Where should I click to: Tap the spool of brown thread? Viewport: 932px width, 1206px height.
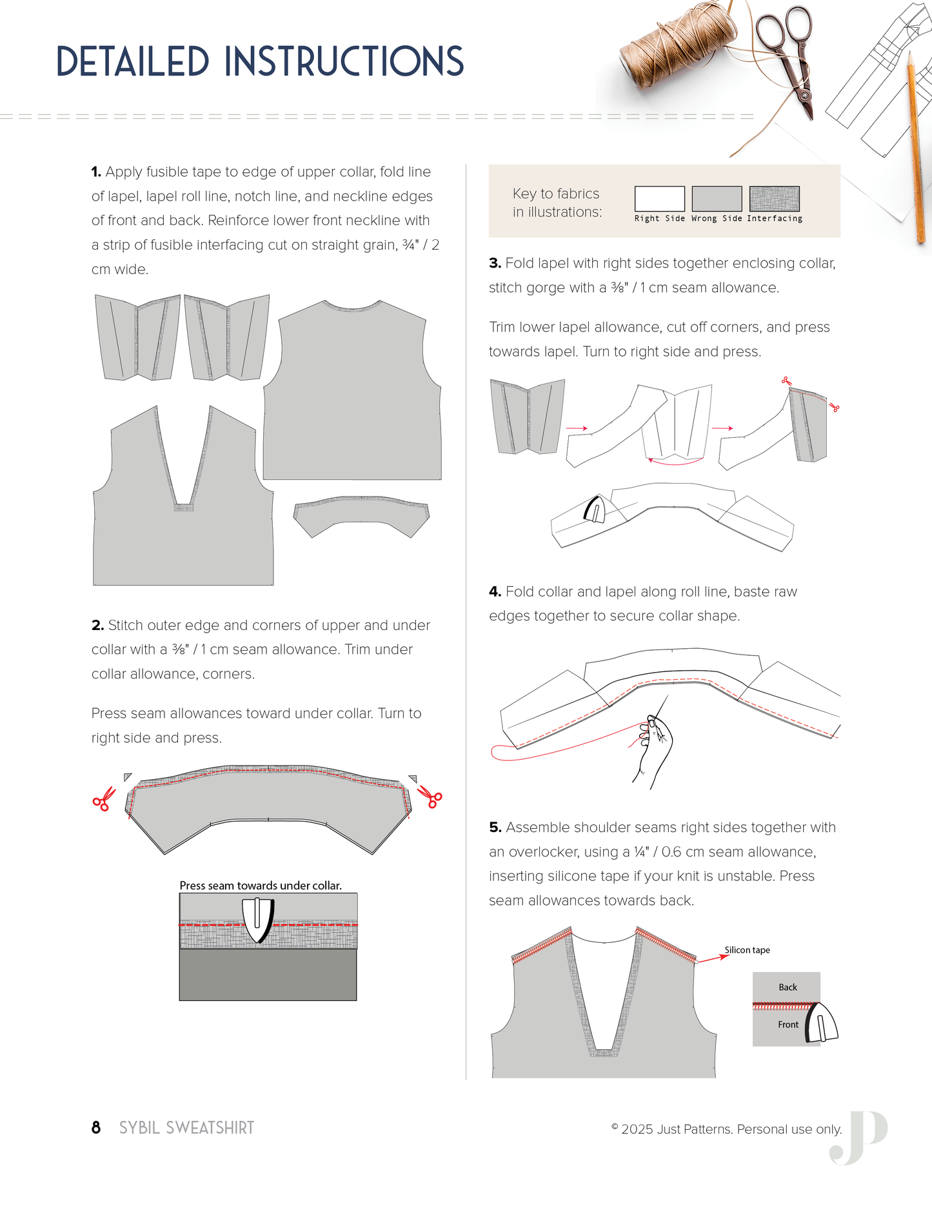click(677, 48)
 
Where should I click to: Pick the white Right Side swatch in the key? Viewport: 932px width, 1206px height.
click(659, 199)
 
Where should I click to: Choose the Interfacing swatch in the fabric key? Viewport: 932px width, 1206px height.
click(774, 199)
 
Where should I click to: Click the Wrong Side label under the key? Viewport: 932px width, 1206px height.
click(717, 219)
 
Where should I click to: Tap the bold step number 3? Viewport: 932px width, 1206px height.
click(495, 263)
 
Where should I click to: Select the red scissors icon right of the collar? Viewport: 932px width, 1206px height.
click(430, 796)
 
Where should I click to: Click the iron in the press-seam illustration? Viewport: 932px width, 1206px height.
click(258, 919)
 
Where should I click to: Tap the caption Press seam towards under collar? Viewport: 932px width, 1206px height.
click(261, 885)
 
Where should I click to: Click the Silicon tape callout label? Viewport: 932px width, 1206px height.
click(747, 950)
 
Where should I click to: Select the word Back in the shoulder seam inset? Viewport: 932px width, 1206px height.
click(788, 987)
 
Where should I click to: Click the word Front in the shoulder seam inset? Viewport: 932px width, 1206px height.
click(788, 1025)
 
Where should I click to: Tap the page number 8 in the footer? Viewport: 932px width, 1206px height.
click(96, 1128)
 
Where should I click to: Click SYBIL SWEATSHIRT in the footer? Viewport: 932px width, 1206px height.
click(186, 1128)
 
